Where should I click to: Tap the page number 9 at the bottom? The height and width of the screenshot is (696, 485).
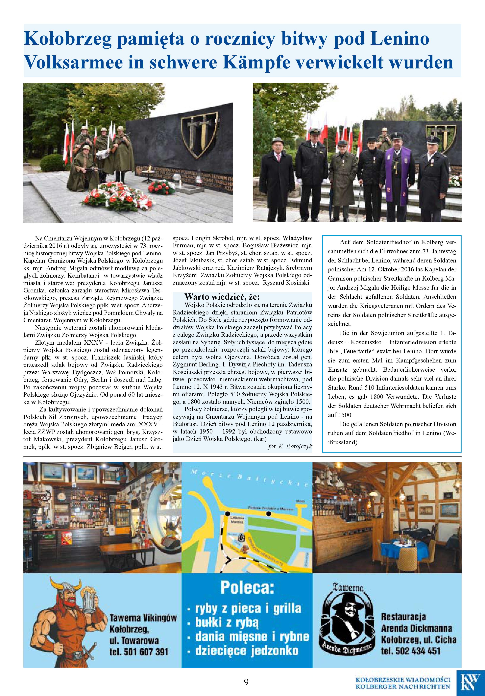[246, 682]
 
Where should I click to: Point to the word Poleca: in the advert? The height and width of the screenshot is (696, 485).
[247, 587]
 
